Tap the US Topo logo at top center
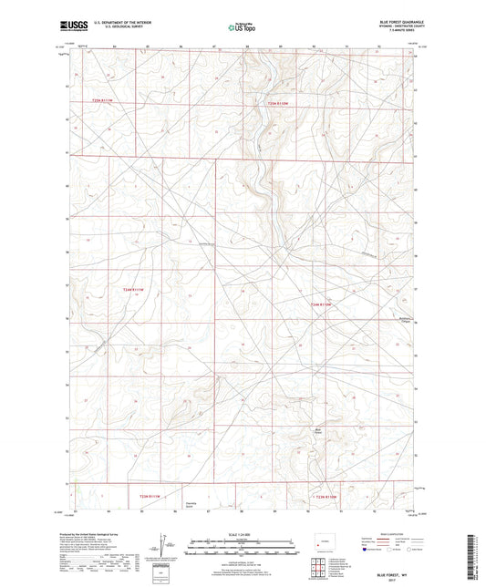tap(243, 28)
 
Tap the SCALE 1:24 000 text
tap(242, 533)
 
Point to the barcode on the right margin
tap(476, 547)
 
